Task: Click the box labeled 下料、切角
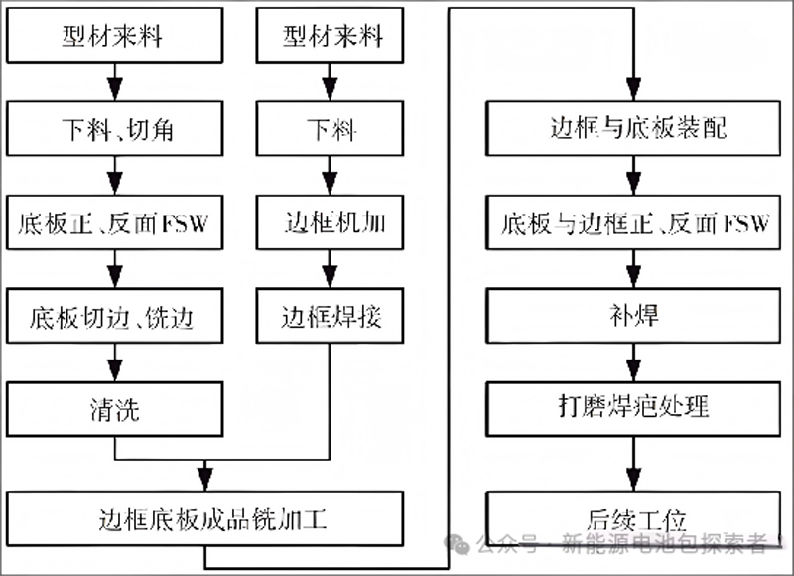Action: pyautogui.click(x=114, y=130)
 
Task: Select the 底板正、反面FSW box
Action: pyautogui.click(x=114, y=223)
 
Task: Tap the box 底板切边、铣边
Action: pyautogui.click(x=114, y=318)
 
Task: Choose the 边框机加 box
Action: pyautogui.click(x=329, y=223)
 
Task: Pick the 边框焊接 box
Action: pyautogui.click(x=329, y=318)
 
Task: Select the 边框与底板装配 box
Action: pyautogui.click(x=635, y=130)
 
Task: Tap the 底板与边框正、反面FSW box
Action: pyautogui.click(x=635, y=223)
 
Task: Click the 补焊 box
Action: pyautogui.click(x=635, y=318)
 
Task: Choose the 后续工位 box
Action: pyautogui.click(x=635, y=516)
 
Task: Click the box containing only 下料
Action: pyautogui.click(x=329, y=130)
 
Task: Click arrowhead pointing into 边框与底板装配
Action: pyautogui.click(x=635, y=90)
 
